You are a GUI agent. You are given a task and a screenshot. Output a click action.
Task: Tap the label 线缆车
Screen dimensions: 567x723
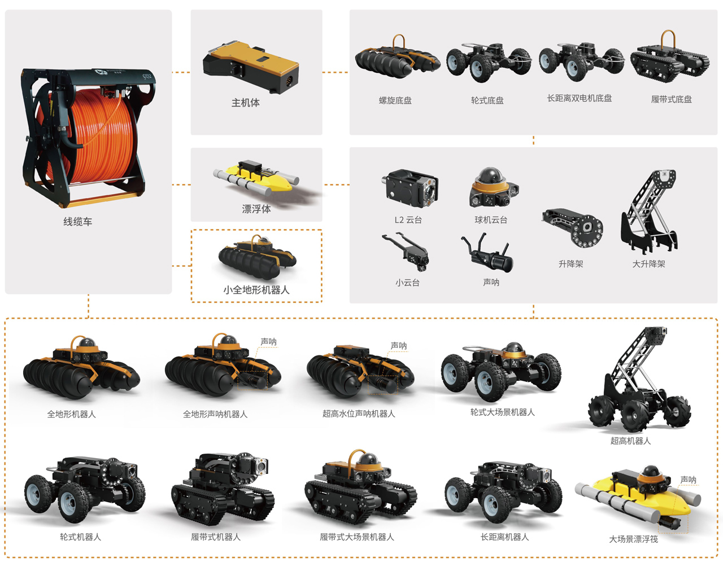click(77, 222)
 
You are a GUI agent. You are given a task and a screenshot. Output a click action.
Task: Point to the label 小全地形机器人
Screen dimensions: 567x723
click(256, 290)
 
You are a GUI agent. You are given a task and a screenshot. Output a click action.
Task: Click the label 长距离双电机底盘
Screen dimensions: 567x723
click(579, 98)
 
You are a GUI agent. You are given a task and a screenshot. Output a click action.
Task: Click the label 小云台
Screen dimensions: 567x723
click(407, 283)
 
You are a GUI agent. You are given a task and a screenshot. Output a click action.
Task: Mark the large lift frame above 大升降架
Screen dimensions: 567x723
click(650, 212)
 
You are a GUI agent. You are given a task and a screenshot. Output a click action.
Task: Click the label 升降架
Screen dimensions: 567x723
click(570, 263)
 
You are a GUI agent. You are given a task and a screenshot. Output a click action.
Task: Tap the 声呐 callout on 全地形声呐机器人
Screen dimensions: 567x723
click(268, 342)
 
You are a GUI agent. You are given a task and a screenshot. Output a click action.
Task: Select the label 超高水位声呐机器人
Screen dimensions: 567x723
click(359, 414)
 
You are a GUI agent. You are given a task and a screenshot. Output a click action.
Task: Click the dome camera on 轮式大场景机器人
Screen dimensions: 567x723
click(513, 349)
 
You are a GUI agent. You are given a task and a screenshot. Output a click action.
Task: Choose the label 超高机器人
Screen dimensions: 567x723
click(630, 441)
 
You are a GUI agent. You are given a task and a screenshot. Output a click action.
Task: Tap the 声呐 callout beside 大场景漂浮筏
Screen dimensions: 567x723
click(688, 480)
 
